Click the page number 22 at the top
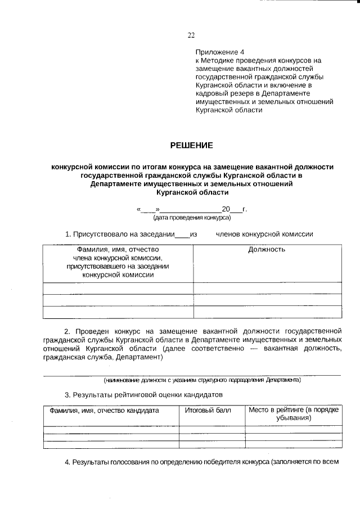191,35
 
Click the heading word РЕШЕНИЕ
192,146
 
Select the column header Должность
267,249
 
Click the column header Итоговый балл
208,410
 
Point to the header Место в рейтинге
294,410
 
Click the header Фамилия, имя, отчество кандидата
104,410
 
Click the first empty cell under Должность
267,288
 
